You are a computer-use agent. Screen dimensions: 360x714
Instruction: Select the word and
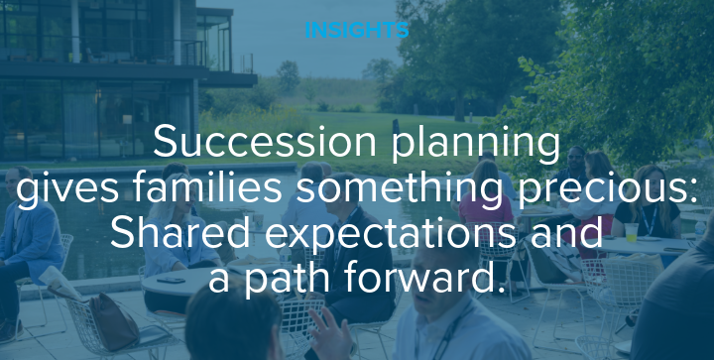click(571, 233)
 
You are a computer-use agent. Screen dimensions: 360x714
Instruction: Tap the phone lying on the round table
click(170, 281)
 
